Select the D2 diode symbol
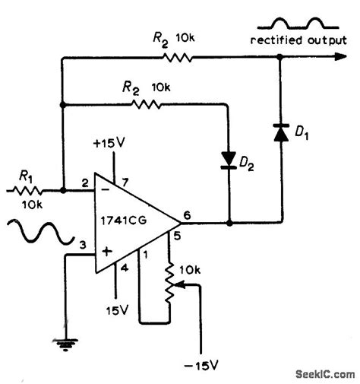228,158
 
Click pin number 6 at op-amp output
187,215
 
